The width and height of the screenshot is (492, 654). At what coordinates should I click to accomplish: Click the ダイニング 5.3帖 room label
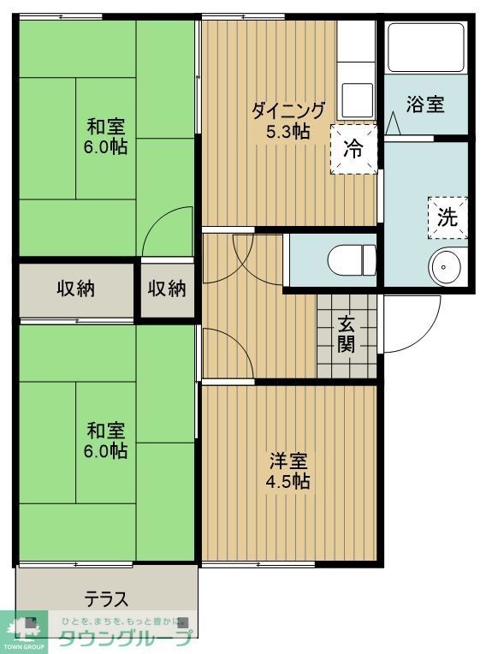tap(287, 121)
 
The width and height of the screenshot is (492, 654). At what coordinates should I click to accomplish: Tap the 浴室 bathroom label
tap(424, 105)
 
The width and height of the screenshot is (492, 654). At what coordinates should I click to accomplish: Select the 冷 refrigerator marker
tap(353, 148)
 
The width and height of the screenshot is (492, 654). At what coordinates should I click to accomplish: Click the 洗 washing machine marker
tap(448, 217)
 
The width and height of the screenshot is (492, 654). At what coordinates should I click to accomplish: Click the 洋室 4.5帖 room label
tap(287, 470)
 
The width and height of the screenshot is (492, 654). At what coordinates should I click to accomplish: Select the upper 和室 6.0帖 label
tap(106, 136)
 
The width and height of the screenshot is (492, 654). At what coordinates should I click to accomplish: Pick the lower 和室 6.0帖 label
tap(106, 439)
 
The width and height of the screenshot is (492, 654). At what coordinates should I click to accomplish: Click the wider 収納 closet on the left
tap(76, 288)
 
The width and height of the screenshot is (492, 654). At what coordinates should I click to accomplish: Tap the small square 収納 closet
tap(167, 288)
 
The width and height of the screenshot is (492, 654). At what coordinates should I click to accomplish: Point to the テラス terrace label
tap(106, 598)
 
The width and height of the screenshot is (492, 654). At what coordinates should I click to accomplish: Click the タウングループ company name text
tap(124, 637)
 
